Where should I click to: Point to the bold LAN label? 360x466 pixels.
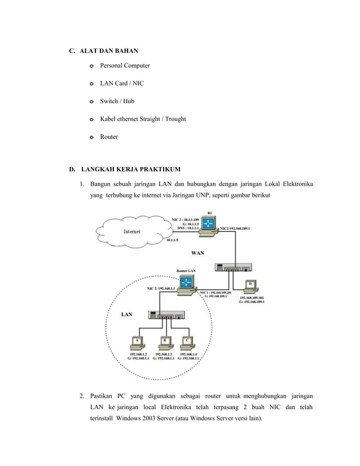tap(128, 315)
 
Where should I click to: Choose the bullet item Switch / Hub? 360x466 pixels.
tap(117, 101)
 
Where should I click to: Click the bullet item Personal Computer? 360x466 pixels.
tap(125, 65)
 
